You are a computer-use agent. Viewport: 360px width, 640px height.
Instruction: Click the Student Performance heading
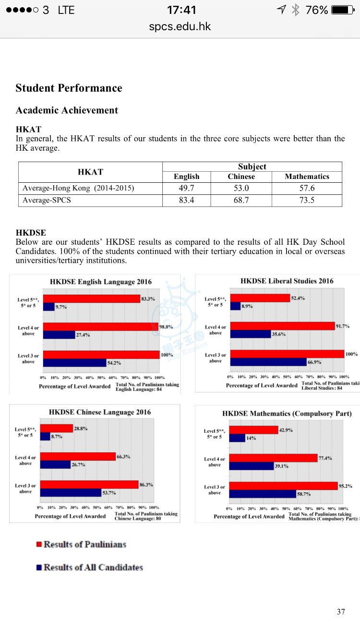pos(69,88)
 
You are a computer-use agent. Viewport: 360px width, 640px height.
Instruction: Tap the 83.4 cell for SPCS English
pos(186,200)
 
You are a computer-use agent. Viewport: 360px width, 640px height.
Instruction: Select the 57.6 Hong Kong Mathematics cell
pos(307,188)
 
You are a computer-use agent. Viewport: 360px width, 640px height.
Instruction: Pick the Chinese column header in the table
pos(241,177)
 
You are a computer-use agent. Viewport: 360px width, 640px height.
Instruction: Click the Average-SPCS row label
pos(47,200)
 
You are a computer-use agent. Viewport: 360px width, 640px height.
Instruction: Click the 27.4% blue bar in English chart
pos(59,335)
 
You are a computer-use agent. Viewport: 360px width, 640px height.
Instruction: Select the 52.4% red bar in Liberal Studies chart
pos(260,298)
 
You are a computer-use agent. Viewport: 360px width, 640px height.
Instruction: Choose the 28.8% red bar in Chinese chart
pos(56,428)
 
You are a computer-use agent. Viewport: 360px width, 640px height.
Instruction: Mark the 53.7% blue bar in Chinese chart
pos(70,492)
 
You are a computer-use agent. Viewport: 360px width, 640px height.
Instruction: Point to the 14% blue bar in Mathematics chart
pos(237,438)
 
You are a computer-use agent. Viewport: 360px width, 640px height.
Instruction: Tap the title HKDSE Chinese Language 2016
pos(100,412)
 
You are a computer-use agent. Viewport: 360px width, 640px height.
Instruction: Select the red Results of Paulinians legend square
pos(39,545)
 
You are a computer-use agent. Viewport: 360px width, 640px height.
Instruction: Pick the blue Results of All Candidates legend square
pos(39,568)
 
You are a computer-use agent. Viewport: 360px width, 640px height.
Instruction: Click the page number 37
pos(341,612)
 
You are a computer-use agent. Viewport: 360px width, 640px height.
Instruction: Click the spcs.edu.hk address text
pos(180,26)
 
